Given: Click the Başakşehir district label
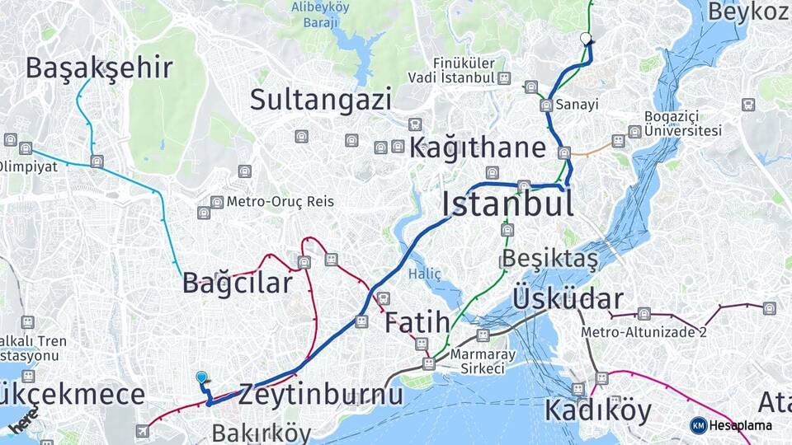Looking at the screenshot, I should [x=99, y=68].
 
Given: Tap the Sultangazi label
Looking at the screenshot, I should [x=321, y=101].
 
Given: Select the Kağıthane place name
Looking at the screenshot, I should [x=478, y=148].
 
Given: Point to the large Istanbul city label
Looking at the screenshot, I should [x=507, y=204].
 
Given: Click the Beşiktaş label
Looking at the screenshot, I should [x=549, y=259].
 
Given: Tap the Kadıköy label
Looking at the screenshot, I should [x=597, y=410].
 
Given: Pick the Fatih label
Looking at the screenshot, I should [x=417, y=322].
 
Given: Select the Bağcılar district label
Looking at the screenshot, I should [x=238, y=284].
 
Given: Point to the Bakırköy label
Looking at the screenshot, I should [x=261, y=433].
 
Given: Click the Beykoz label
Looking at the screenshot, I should [x=749, y=12].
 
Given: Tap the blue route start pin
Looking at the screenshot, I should [x=202, y=378].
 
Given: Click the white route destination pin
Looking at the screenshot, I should [x=587, y=39].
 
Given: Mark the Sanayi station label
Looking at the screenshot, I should [x=577, y=105].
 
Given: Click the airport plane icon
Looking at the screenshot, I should [x=143, y=430].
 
